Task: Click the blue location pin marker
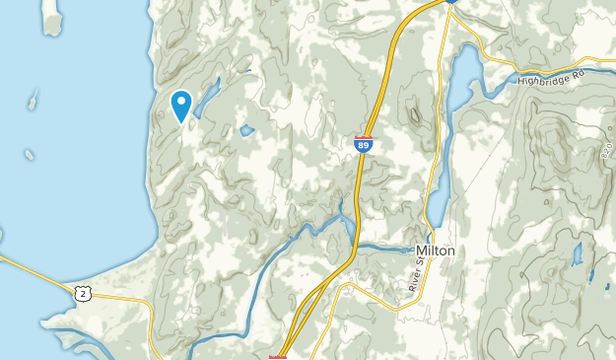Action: tap(181, 105)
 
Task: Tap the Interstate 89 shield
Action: tap(364, 144)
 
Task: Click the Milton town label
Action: tap(436, 251)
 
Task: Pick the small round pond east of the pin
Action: tap(246, 130)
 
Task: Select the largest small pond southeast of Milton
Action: tap(576, 254)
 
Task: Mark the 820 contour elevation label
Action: tap(604, 149)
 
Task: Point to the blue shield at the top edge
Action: tap(451, 2)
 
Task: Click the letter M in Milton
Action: tap(420, 251)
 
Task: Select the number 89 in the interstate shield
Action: tap(364, 146)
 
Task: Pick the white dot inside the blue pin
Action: tap(181, 100)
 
